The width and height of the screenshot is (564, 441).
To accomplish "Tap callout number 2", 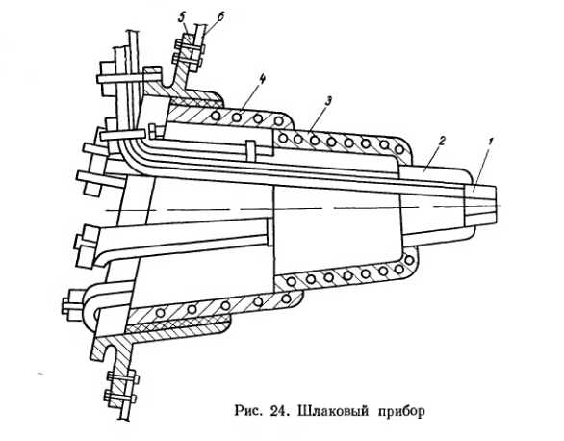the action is coord(442,141).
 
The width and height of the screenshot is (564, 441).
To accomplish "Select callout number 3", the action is coord(327,102).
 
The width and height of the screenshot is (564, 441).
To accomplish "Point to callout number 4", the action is coord(262,80).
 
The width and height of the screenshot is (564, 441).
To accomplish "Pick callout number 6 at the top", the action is coord(220,17).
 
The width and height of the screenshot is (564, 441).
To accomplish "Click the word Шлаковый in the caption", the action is coord(333,411).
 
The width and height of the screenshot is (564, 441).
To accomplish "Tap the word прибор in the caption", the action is coord(401,412).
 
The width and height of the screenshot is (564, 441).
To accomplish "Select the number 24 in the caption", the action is coord(278,411).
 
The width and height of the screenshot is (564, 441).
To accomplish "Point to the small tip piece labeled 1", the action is coord(480,205).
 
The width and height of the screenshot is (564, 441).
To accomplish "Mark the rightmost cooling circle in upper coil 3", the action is coord(399,148).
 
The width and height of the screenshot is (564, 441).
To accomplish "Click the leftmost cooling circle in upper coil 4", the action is coord(217,116).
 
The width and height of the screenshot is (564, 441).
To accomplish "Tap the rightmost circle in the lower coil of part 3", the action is coord(409,259).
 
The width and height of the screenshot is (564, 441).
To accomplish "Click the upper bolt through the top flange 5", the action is coord(189,46).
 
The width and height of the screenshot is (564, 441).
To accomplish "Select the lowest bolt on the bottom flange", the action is coord(120,398).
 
